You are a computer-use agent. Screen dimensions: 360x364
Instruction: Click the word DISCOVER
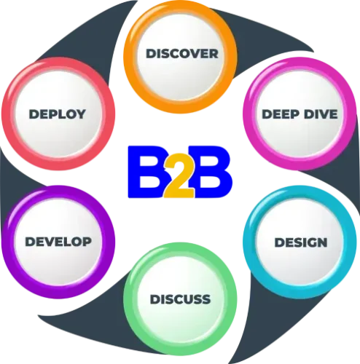[182, 54]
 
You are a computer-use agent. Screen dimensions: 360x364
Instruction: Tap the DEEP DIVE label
[300, 114]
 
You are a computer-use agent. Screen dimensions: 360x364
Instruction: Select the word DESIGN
[301, 242]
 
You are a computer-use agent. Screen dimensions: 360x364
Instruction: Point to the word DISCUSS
[180, 299]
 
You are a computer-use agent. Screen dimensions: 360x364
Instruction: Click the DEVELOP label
[58, 242]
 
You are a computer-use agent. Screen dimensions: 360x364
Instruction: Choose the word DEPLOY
[58, 114]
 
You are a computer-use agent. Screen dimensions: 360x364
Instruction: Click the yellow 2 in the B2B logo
[179, 176]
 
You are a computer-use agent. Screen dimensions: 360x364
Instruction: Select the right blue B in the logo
[211, 172]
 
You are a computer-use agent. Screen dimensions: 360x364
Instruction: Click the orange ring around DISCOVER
[180, 108]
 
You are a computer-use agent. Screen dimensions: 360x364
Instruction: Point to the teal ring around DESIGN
[300, 293]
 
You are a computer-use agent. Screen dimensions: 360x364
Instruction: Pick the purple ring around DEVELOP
[58, 293]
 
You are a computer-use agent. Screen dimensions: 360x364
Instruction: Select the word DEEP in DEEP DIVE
[281, 114]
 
